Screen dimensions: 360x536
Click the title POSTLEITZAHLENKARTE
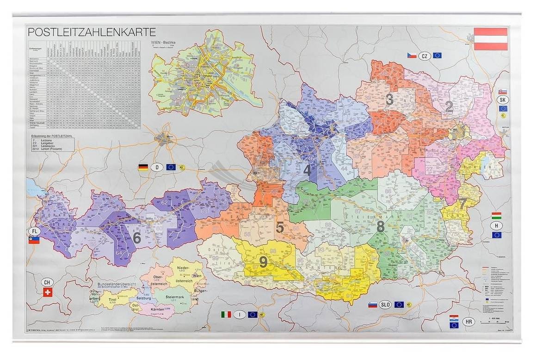click(92, 32)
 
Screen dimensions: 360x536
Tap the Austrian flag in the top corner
click(491, 39)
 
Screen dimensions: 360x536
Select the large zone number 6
click(136, 237)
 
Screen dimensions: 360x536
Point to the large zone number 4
click(307, 170)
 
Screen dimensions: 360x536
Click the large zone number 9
click(263, 262)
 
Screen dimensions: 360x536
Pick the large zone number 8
click(381, 226)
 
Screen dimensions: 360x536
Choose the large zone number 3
click(389, 99)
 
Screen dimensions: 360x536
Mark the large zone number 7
click(462, 203)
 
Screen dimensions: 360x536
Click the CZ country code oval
click(425, 56)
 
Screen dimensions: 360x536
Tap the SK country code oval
click(503, 99)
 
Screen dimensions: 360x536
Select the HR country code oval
click(468, 322)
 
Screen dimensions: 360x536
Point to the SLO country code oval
click(385, 304)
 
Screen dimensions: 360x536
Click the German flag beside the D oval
click(143, 168)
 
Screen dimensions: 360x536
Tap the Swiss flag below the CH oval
click(47, 292)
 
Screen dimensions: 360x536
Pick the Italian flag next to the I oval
click(226, 315)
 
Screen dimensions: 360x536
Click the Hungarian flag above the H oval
click(497, 216)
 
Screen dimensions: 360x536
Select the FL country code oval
click(34, 231)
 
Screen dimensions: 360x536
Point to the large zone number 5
click(280, 227)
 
